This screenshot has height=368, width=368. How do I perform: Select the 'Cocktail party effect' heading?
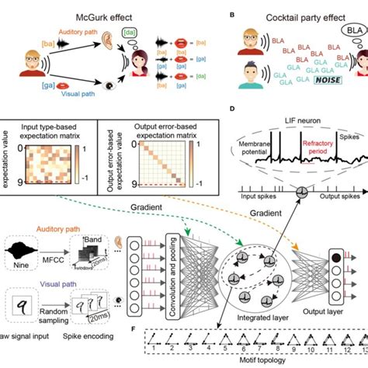click(x=291, y=13)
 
